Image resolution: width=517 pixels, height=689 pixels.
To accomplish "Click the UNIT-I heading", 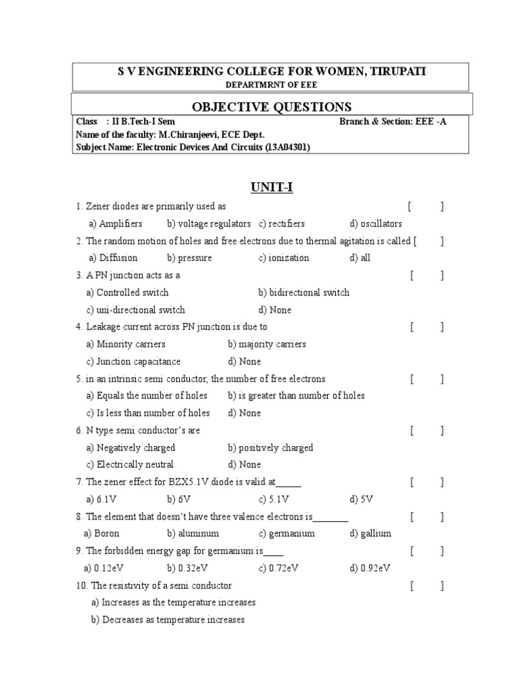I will point(271,187).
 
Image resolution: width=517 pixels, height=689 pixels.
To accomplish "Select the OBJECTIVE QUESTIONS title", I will point(271,106).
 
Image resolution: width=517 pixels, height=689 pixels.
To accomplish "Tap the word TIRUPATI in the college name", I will point(397,71).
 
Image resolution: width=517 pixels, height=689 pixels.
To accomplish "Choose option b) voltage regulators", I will point(209,223).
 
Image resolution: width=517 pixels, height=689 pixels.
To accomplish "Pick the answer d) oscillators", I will point(376,223).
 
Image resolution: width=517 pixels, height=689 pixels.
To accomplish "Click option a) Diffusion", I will point(113,258).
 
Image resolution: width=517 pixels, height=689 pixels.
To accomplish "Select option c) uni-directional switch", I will point(135,310).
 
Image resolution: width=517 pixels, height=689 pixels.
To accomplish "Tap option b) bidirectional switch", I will point(304,293).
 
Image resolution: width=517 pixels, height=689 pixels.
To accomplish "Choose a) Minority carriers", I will point(126,344).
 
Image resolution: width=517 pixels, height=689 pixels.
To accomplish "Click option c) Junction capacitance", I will point(133,361).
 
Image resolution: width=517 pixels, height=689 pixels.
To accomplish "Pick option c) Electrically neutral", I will point(130,464).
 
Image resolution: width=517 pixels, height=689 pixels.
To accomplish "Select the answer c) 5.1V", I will point(273,499).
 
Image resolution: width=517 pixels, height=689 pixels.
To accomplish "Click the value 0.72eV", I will point(283,567).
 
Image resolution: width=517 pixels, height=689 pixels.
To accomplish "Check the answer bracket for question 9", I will point(427,550).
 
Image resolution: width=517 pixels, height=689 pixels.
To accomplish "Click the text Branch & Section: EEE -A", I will point(393,122).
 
